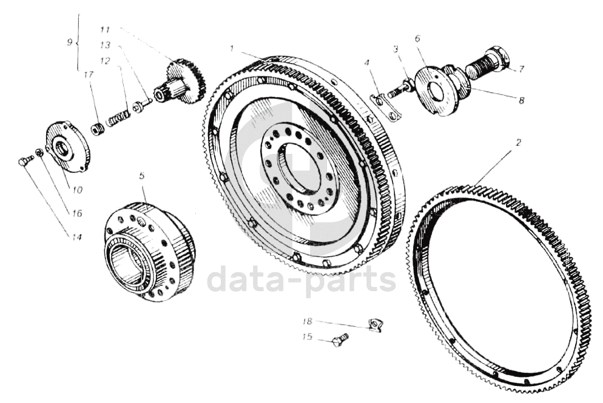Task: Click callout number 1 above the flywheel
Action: (x=232, y=47)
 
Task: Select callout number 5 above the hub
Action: (x=141, y=176)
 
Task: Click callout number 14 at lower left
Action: (x=76, y=237)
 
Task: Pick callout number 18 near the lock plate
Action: (x=308, y=321)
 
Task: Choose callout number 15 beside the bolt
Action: (x=308, y=337)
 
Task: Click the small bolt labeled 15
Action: (x=340, y=339)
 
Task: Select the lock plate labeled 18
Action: (x=375, y=325)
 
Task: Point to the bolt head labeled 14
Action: (x=25, y=161)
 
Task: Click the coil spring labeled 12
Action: (x=118, y=118)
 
